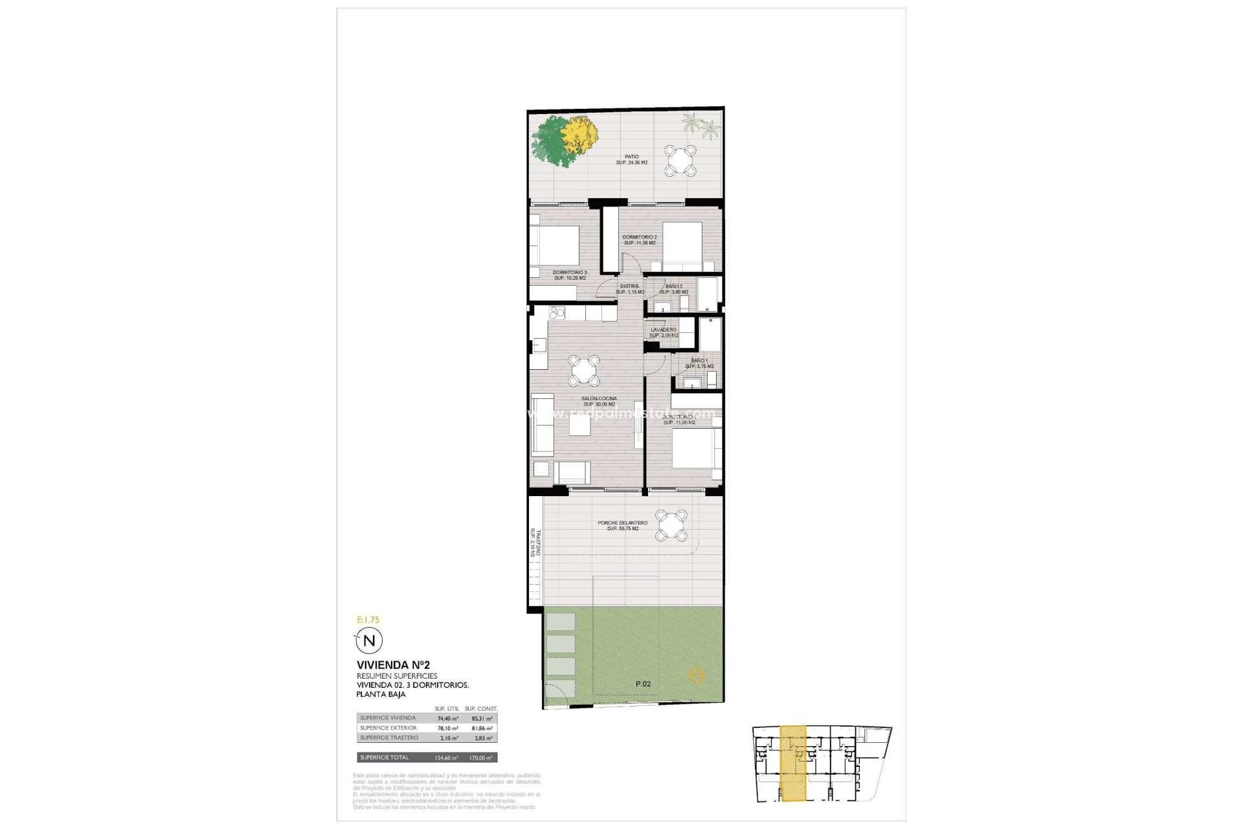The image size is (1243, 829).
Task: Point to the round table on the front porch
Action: (671, 525)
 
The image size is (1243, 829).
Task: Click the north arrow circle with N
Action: (370, 641)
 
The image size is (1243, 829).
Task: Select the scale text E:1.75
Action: (368, 620)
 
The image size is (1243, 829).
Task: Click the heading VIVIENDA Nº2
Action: (392, 664)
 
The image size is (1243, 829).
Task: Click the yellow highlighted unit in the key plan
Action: (793, 764)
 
